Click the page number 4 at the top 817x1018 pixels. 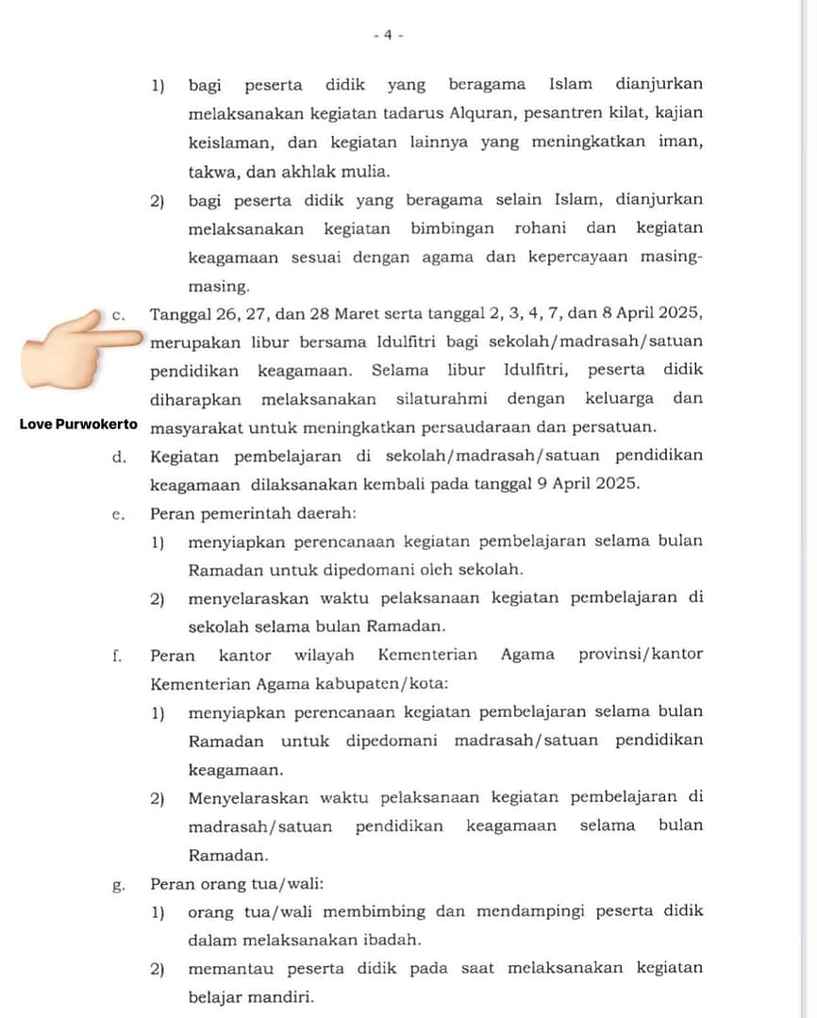[388, 35]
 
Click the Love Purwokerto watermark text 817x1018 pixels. [78, 425]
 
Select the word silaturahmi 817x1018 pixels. [441, 398]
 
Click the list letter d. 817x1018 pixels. [119, 456]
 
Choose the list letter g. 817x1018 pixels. [118, 884]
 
